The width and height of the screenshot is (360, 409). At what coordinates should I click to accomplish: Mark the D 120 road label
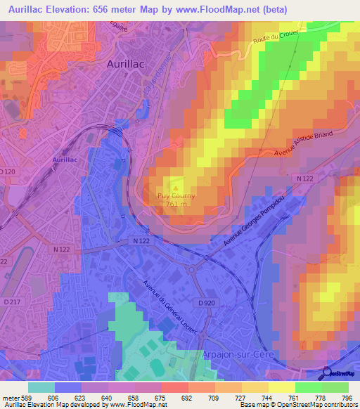click(7, 171)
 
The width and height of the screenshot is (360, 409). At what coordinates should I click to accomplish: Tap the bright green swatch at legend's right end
click(335, 387)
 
